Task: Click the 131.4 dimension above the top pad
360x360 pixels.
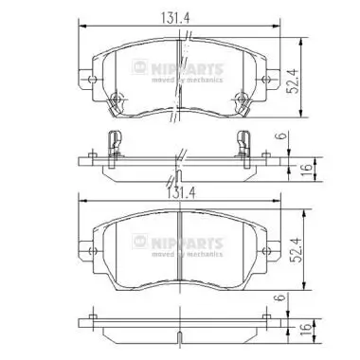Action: tap(179, 13)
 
